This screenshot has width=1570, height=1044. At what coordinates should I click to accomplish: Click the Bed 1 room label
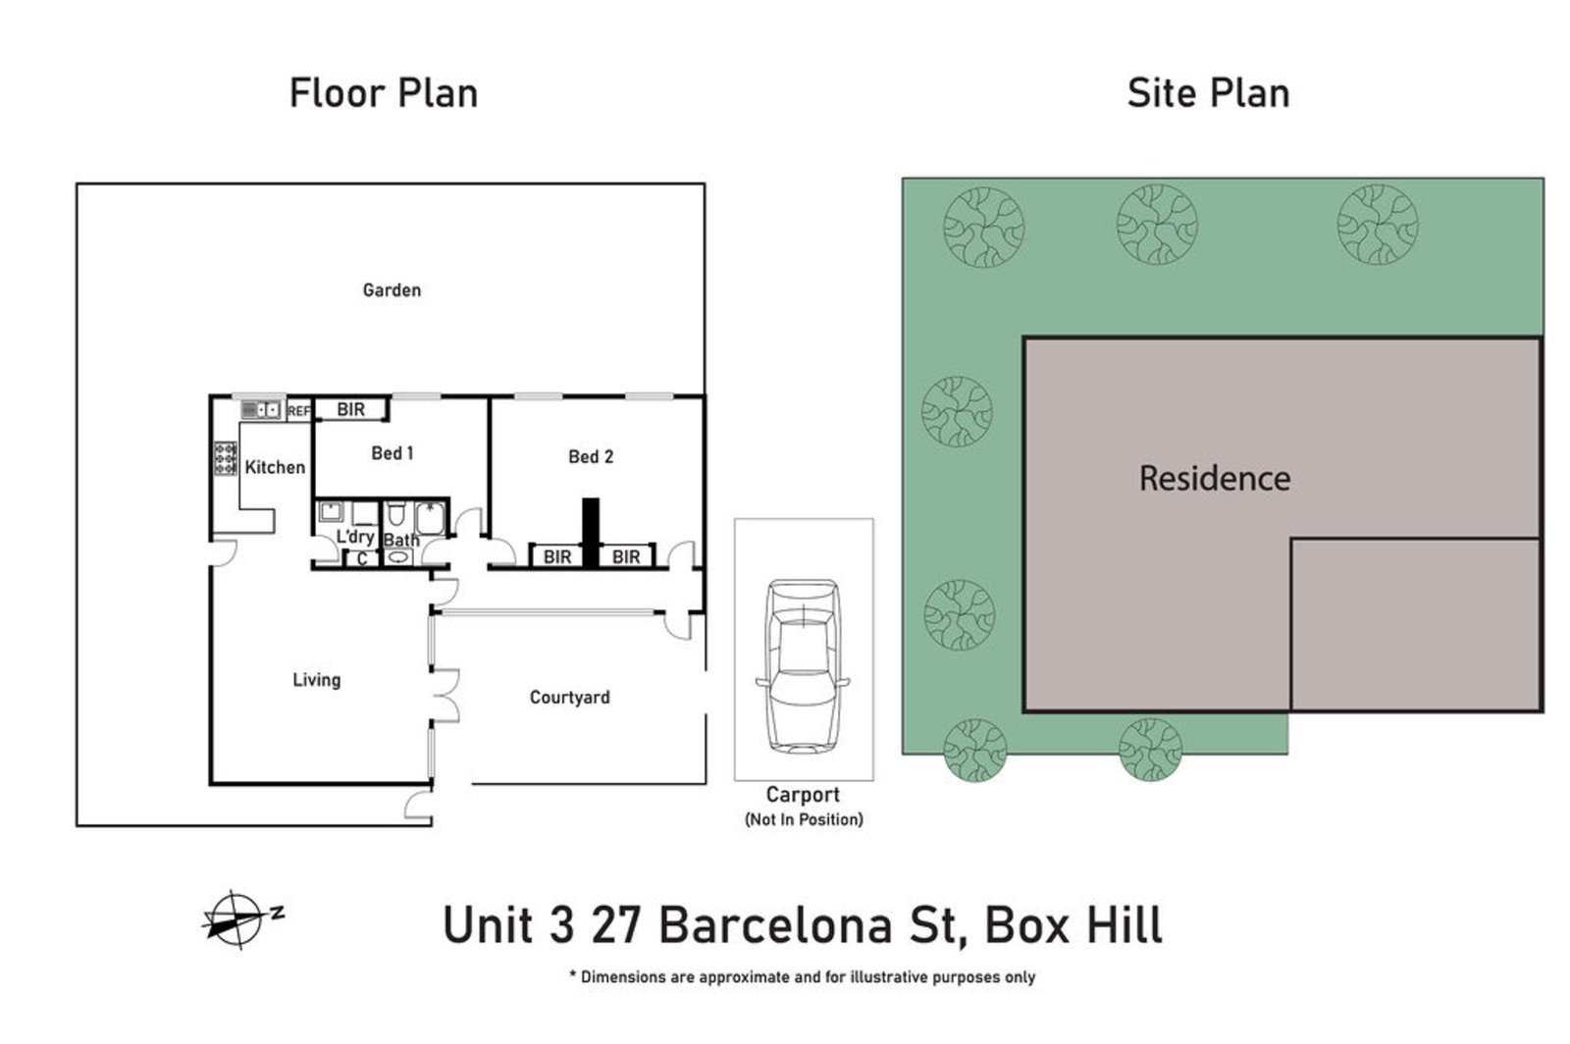pyautogui.click(x=392, y=453)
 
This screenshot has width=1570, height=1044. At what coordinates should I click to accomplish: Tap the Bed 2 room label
pyautogui.click(x=590, y=456)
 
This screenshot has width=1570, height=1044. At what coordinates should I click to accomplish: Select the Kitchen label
pyautogui.click(x=274, y=467)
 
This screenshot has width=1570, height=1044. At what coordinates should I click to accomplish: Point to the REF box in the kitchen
pyautogui.click(x=298, y=411)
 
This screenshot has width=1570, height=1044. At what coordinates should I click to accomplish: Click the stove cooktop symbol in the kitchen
pyautogui.click(x=226, y=459)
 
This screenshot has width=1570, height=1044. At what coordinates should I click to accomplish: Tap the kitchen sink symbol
pyautogui.click(x=261, y=409)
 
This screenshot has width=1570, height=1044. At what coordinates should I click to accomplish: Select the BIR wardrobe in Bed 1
pyautogui.click(x=350, y=409)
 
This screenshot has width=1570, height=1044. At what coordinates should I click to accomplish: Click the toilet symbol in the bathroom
pyautogui.click(x=395, y=513)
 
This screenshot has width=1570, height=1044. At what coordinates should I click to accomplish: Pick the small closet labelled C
pyautogui.click(x=361, y=558)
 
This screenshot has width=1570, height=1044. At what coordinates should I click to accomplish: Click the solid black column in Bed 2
pyautogui.click(x=590, y=533)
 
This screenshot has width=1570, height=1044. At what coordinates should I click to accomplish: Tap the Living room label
pyautogui.click(x=316, y=679)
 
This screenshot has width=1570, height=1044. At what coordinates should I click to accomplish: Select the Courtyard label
pyautogui.click(x=569, y=697)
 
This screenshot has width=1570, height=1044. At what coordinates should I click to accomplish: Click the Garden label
pyautogui.click(x=392, y=289)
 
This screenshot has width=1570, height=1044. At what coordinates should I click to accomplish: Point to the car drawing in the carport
pyautogui.click(x=803, y=665)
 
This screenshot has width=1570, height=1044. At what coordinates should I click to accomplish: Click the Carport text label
pyautogui.click(x=803, y=795)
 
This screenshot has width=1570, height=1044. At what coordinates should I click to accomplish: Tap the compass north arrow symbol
pyautogui.click(x=235, y=919)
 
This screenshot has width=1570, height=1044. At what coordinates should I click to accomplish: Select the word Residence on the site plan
pyautogui.click(x=1214, y=478)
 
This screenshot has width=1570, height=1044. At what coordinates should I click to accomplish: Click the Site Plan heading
pyautogui.click(x=1208, y=93)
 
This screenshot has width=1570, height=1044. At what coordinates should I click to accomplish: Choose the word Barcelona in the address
pyautogui.click(x=805, y=924)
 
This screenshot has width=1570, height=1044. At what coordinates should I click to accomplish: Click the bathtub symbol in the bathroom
pyautogui.click(x=431, y=517)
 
